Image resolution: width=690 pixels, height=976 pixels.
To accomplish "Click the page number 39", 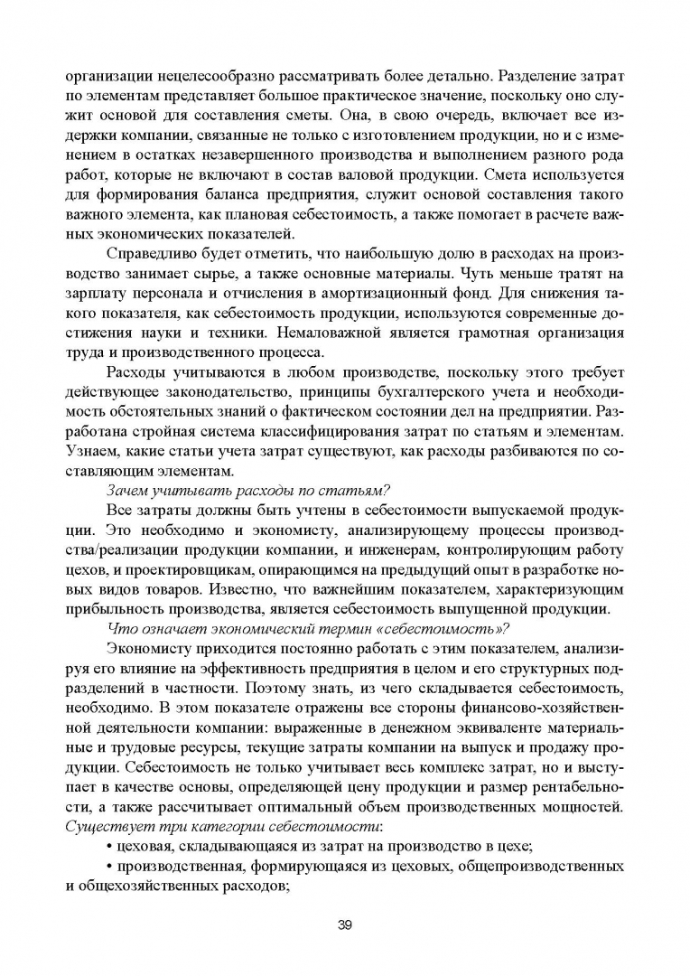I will coord(344,924).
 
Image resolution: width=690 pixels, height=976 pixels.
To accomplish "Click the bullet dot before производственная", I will coord(110,866).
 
